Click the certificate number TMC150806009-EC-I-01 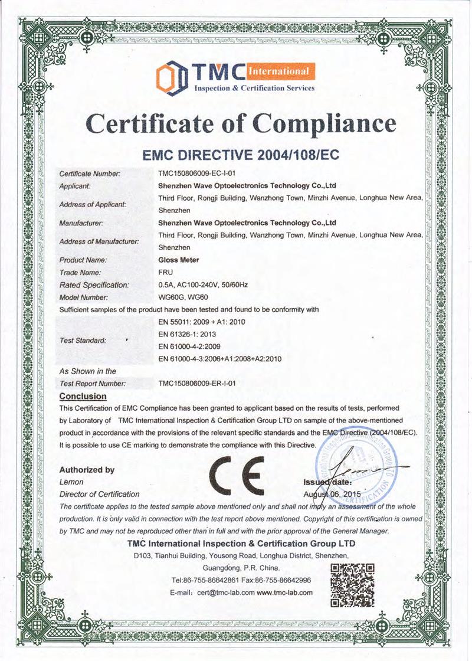click(198, 174)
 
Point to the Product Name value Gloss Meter click(179, 260)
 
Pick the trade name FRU click(166, 273)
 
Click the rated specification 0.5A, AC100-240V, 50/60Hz click(203, 285)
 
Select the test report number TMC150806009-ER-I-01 click(198, 384)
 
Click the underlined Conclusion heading click(83, 397)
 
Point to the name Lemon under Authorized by click(70, 482)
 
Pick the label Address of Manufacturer click(99, 241)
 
